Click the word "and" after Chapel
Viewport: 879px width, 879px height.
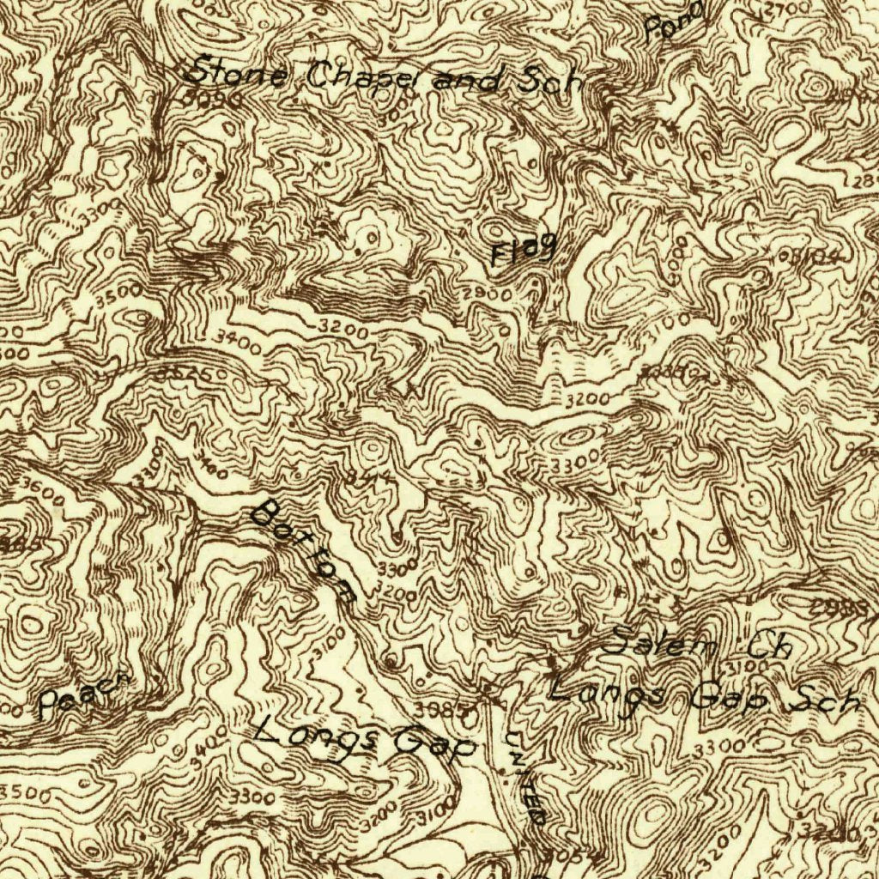(x=469, y=82)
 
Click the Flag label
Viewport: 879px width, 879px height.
(x=523, y=251)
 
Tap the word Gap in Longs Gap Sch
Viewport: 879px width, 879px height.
(x=729, y=698)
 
